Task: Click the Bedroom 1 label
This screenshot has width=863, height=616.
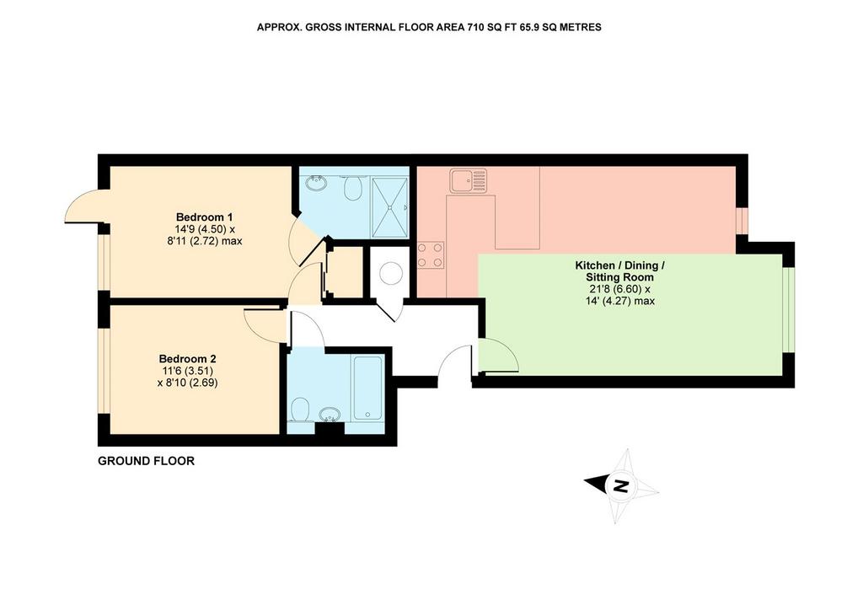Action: [x=201, y=217]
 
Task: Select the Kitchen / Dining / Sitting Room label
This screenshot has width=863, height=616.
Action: [x=619, y=271]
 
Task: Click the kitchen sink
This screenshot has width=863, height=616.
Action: [x=468, y=180]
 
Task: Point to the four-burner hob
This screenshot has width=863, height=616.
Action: [x=431, y=255]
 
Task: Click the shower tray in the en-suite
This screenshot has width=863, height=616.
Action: [x=390, y=207]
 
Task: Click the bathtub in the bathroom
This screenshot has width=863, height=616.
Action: [x=367, y=388]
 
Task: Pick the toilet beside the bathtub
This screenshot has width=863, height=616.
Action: [x=300, y=410]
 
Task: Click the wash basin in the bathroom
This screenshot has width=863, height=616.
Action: [x=330, y=415]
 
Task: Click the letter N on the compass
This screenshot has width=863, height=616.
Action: [x=621, y=486]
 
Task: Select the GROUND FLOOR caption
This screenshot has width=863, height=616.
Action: [x=147, y=461]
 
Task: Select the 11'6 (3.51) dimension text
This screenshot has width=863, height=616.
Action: [x=188, y=371]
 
